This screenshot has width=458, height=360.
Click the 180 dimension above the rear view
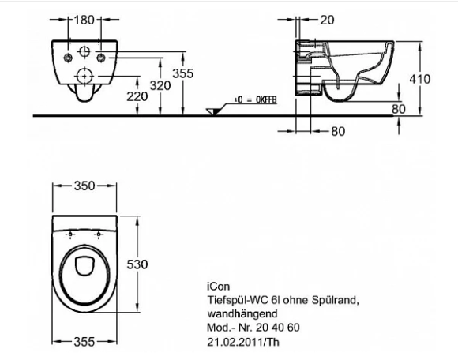pos(84,21)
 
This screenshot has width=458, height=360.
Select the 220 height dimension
pos(137,96)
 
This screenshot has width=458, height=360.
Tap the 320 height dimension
pos(160,86)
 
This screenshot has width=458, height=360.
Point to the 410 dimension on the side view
pos(420,79)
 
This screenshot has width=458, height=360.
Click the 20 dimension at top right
pos(327,21)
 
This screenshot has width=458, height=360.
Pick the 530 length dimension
pos(137,264)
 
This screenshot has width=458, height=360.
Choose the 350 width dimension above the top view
pos(84,186)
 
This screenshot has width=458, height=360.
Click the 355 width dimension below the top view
pos(84,342)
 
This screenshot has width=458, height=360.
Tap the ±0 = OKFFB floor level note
pos(255,99)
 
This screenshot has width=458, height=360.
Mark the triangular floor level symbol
pos(213,112)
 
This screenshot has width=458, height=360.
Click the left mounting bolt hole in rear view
pos(68,58)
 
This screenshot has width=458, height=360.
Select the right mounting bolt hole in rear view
pos(101,58)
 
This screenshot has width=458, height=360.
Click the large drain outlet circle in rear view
pos(84,76)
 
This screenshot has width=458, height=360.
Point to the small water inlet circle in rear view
pos(84,51)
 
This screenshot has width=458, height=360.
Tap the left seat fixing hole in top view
pos(70,234)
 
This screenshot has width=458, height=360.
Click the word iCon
pos(219,287)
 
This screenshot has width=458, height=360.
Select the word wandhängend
pos(242,314)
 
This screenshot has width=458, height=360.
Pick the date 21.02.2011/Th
pos(243,342)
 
